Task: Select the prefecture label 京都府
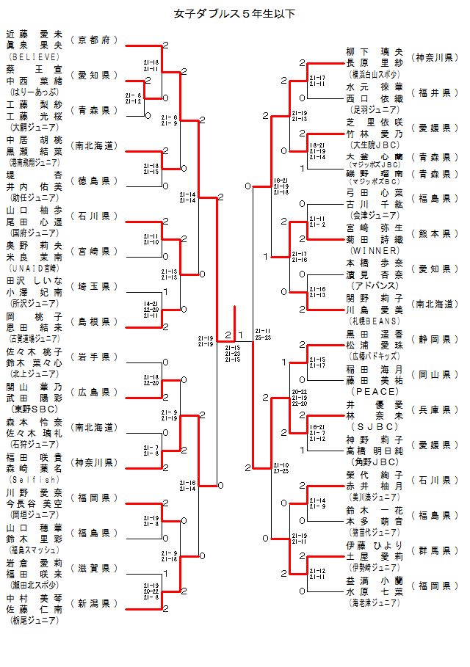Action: coord(95,40)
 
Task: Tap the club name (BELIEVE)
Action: coord(34,56)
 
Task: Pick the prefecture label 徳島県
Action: coord(95,181)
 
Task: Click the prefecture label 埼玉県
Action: coord(95,286)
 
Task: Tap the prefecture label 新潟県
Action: coord(95,603)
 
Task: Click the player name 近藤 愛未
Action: coord(34,34)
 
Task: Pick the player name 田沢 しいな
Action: coord(34,281)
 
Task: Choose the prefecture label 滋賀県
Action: coord(95,568)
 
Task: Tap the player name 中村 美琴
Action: coord(34,598)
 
